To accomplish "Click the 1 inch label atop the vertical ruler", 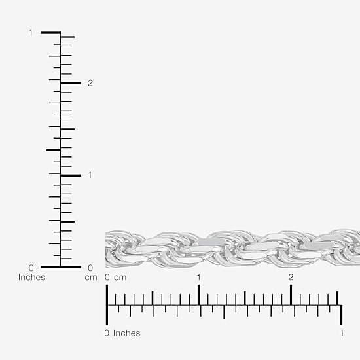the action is coord(31,33).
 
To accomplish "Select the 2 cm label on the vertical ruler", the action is coord(90,83).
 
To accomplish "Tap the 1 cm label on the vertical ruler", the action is coord(90,175).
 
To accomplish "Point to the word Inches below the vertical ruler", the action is coord(31,277).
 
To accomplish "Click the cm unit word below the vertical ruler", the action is coord(91,278).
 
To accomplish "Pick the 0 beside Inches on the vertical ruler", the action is coord(31,268).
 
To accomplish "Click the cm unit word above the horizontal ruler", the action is coord(120,278).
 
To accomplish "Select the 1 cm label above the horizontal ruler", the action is coord(199,278).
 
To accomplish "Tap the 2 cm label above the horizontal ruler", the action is coord(291,278).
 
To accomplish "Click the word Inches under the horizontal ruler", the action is coord(127,333).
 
